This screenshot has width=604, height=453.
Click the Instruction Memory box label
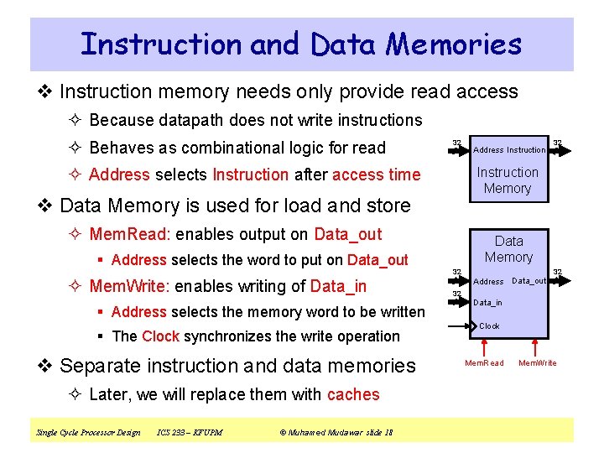coord(508,180)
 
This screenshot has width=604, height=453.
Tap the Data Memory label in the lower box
coord(508,249)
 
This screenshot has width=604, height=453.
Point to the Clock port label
coord(489,325)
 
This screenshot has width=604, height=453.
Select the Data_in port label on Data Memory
coord(488,303)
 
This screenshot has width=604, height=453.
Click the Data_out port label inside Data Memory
coord(528,281)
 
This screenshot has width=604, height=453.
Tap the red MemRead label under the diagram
coord(485,362)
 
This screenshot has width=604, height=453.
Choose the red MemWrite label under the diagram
coord(538,362)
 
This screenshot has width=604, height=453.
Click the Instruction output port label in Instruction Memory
coord(526,150)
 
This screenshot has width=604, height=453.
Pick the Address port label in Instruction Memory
coord(489,150)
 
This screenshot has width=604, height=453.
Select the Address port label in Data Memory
coord(489,282)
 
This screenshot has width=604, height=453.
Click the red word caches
coord(353,394)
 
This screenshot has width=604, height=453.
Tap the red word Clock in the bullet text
coord(160,336)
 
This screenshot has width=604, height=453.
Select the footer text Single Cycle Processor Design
coord(89,433)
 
